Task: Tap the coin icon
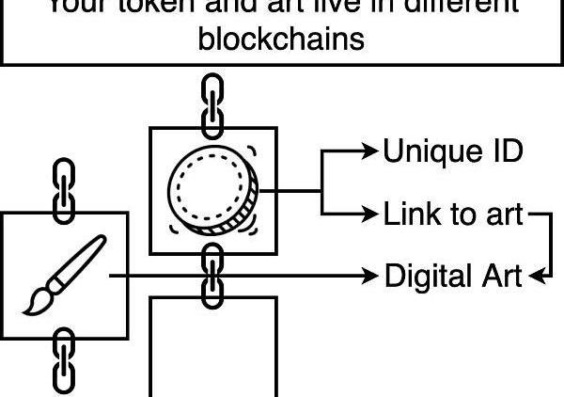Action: pyautogui.click(x=213, y=191)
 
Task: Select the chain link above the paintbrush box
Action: pyautogui.click(x=63, y=190)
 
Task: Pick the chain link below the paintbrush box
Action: pyautogui.click(x=63, y=359)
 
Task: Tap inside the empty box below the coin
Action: pyautogui.click(x=213, y=348)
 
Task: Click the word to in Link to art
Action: pyautogui.click(x=462, y=214)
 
